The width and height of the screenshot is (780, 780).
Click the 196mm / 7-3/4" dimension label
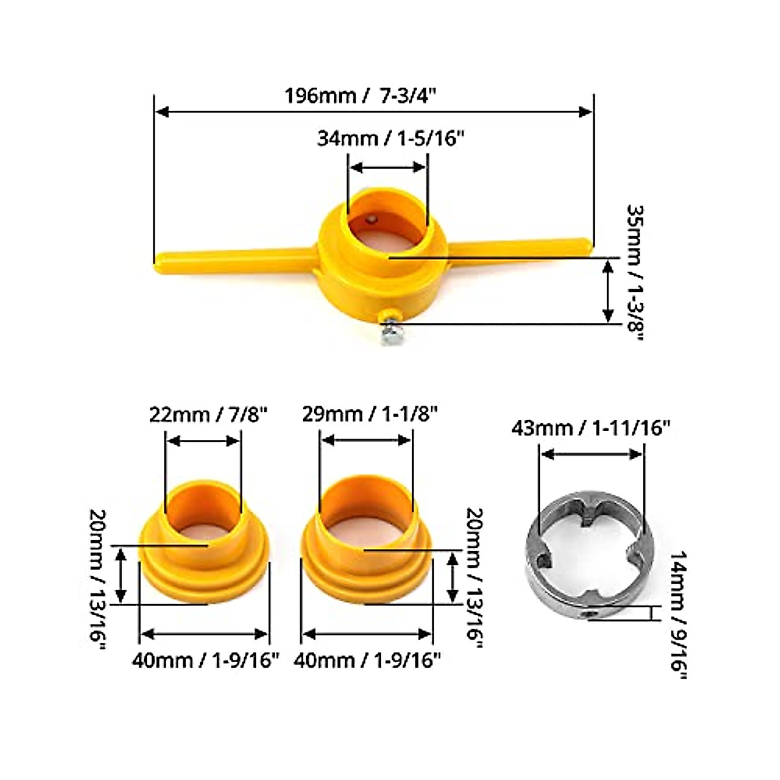click(361, 96)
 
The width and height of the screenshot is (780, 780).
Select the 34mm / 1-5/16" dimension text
click(390, 138)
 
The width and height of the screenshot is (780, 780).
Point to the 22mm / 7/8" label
click(209, 415)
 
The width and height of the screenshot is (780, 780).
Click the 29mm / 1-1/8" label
click(370, 415)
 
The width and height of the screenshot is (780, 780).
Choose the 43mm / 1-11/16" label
click(591, 428)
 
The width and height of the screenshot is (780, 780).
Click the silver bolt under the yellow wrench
click(389, 330)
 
